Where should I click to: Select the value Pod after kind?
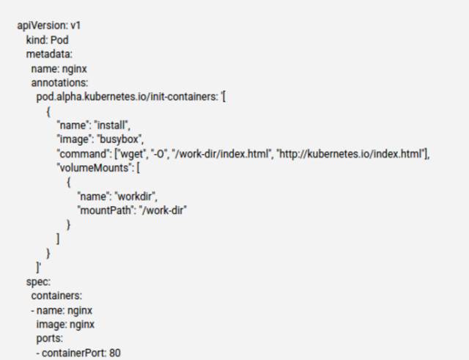coord(60,40)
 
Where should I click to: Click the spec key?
coord(37,282)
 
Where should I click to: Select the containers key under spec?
coord(56,295)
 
